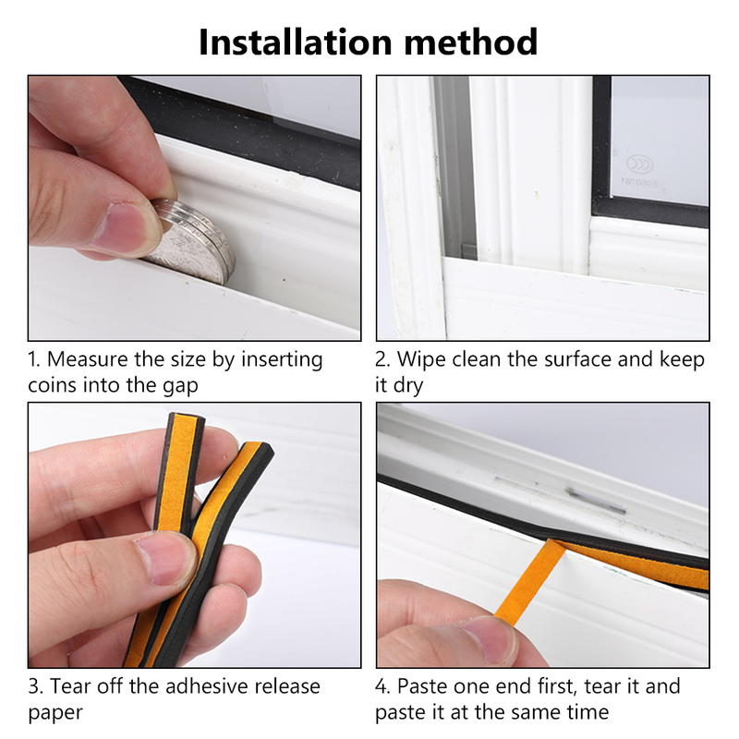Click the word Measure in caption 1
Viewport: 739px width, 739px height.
(91, 359)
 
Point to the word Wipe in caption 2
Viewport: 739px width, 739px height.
(421, 359)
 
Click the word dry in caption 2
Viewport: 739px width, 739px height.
(412, 384)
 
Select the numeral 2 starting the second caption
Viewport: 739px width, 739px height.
(382, 359)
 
